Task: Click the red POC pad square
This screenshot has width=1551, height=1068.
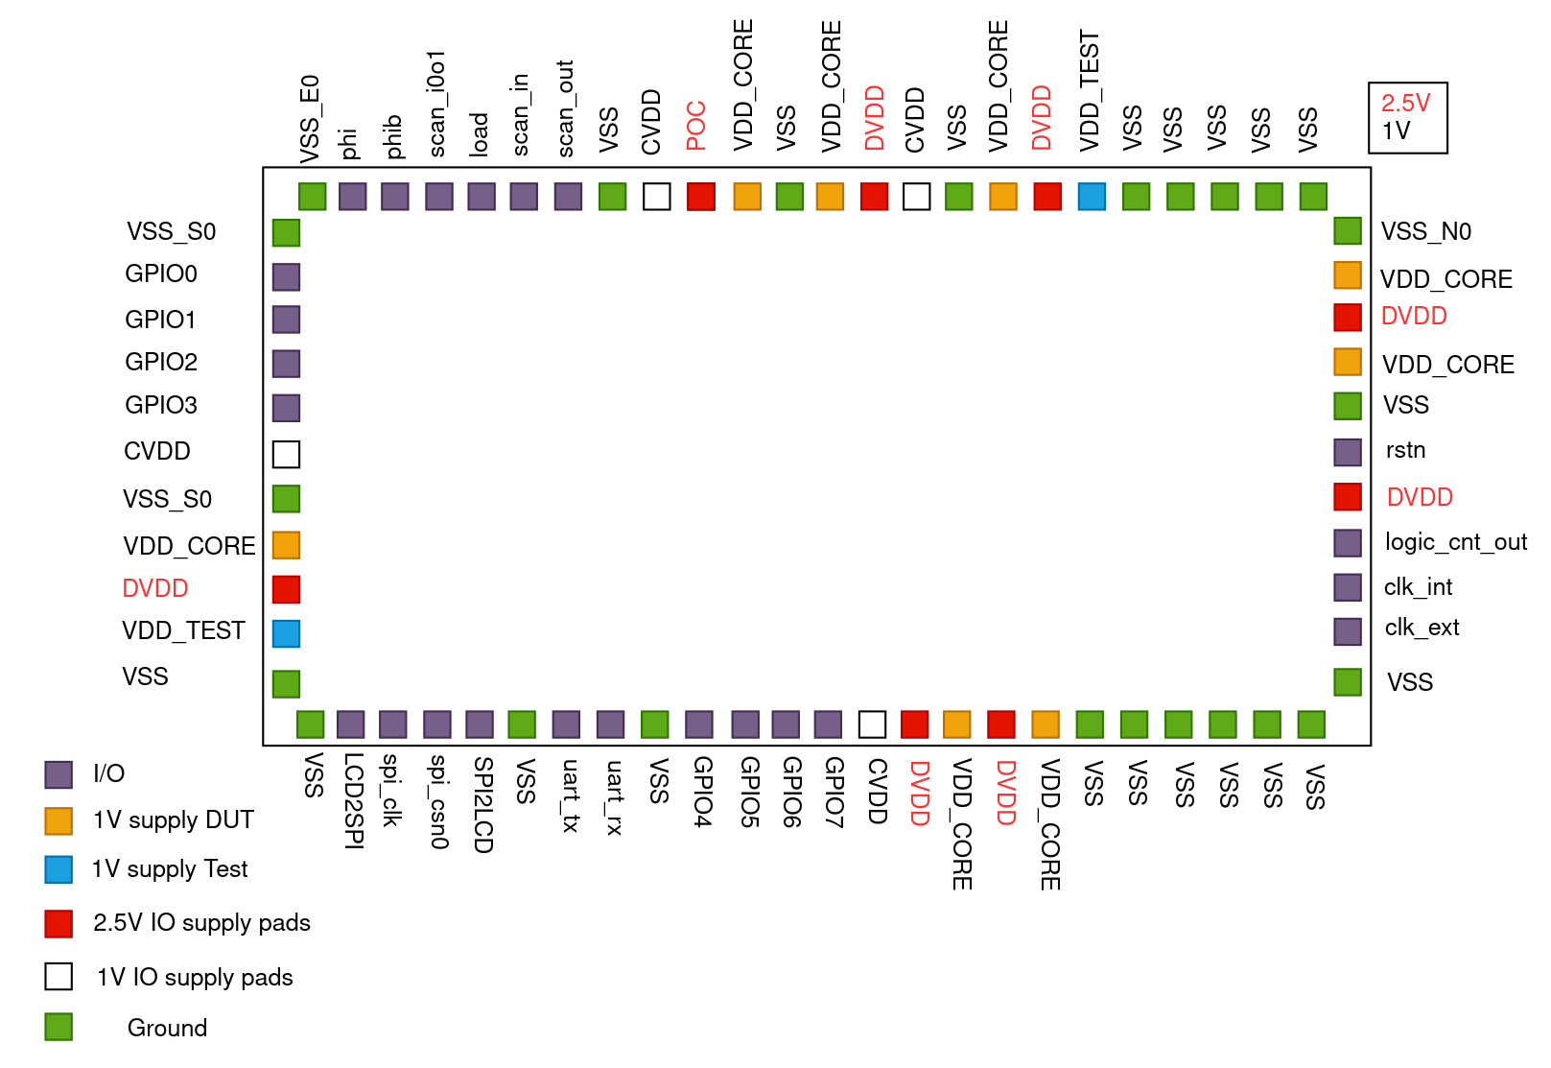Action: [700, 197]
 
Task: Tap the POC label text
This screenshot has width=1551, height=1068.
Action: [696, 126]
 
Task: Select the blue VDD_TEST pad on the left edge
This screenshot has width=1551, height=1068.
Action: [286, 633]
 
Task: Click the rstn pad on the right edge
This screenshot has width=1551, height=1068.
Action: [1348, 452]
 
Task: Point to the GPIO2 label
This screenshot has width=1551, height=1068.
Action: [161, 362]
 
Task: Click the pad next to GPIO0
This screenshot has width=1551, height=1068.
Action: [286, 277]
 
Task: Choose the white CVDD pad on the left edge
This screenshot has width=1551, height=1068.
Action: [286, 454]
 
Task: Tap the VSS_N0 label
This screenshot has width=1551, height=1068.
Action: [1425, 231]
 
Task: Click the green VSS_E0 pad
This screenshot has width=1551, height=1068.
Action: [312, 197]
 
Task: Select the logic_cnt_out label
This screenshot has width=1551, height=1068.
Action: [1455, 542]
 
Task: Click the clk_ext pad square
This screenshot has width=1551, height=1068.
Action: [1348, 631]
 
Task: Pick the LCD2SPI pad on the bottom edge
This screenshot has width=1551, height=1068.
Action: [350, 724]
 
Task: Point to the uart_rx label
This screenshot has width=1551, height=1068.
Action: [614, 797]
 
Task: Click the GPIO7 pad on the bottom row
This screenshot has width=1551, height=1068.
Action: [828, 724]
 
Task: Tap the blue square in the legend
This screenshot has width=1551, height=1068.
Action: [59, 869]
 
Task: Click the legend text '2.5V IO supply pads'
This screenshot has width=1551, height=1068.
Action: [201, 923]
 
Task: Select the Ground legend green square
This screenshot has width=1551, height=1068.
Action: [59, 1027]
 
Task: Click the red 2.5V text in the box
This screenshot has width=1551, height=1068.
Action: [1405, 104]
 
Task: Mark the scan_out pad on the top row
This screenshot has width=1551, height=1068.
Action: [568, 197]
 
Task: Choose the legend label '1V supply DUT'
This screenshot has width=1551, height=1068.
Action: [174, 820]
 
